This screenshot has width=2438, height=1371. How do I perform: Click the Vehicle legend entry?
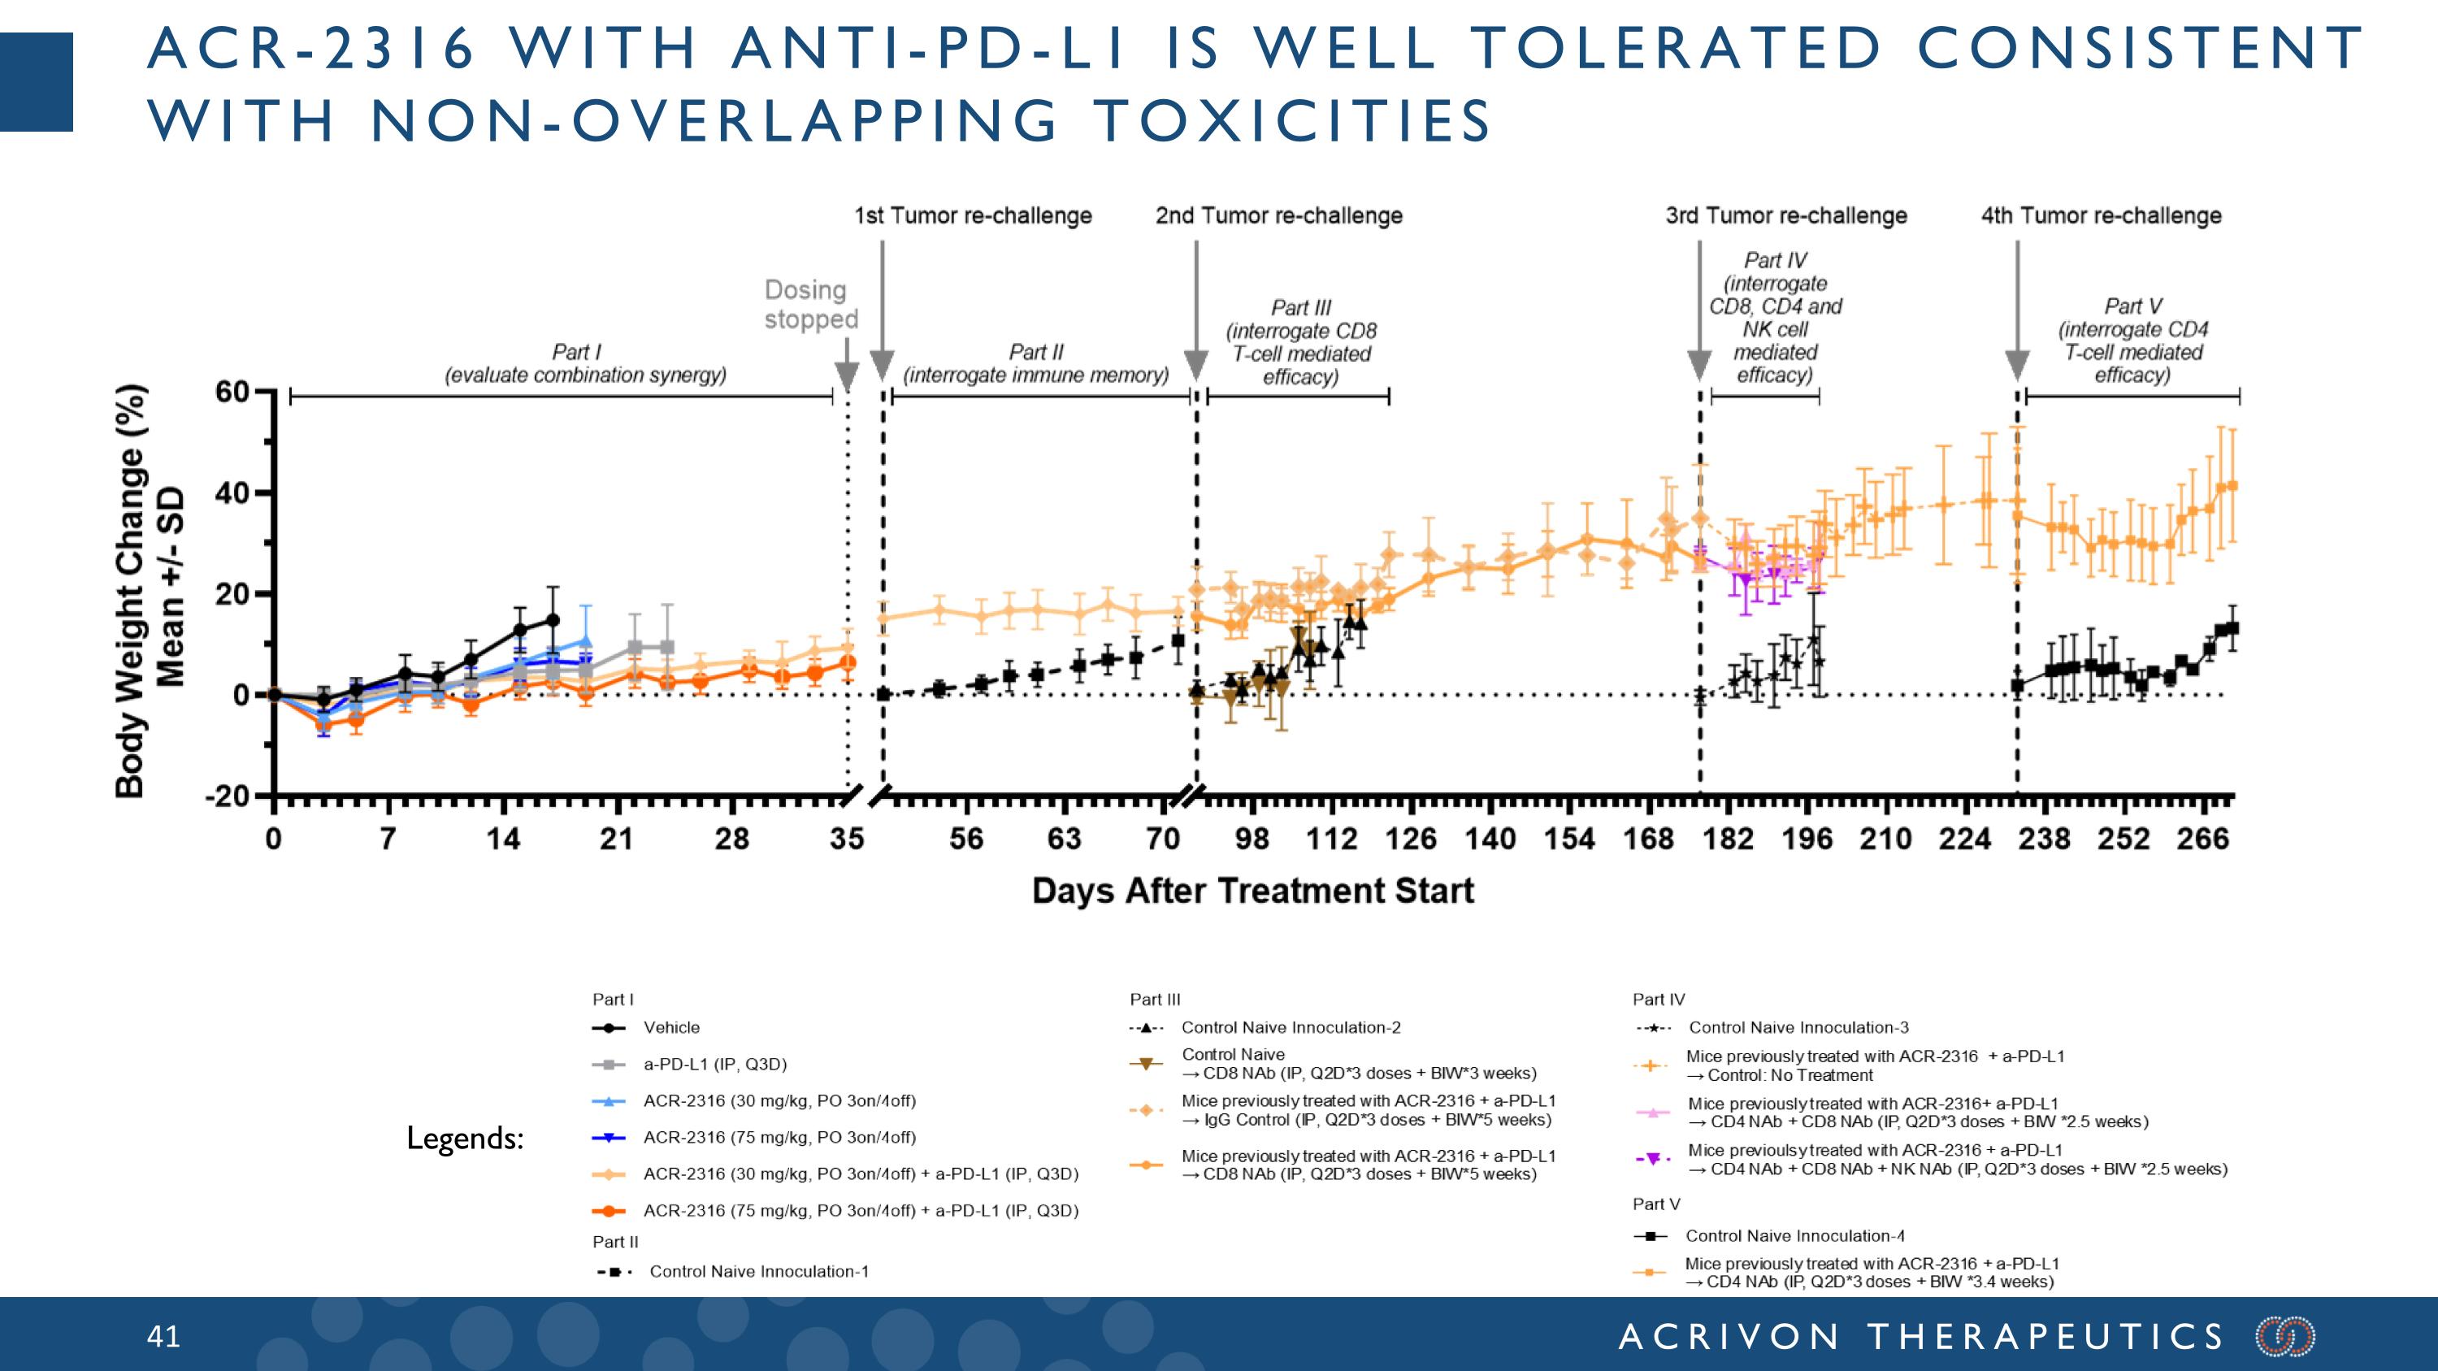[x=671, y=1027]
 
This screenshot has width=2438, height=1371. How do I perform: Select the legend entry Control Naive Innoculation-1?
[x=758, y=1272]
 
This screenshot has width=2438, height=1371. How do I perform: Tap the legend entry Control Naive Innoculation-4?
[x=1794, y=1236]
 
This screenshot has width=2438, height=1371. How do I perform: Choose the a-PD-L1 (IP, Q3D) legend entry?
[x=714, y=1065]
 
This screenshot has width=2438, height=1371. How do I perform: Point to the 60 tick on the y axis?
[x=232, y=391]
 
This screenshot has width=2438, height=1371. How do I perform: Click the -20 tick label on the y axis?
[x=228, y=796]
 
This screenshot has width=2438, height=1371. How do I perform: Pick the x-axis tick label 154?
[x=1569, y=840]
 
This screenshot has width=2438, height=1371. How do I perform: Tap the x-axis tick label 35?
[x=847, y=840]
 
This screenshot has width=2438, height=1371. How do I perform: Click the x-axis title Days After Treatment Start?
[x=1252, y=892]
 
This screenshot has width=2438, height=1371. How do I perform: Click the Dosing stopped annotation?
[x=810, y=305]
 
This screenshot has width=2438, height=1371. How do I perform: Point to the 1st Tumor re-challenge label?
[x=973, y=215]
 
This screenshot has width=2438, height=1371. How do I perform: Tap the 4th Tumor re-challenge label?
[x=2101, y=215]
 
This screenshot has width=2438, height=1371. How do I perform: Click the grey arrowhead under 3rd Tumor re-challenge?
[x=1700, y=364]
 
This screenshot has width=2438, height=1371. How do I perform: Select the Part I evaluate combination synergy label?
[x=585, y=363]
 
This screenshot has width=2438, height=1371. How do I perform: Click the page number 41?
[x=163, y=1336]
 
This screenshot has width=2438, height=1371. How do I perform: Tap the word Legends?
[x=465, y=1139]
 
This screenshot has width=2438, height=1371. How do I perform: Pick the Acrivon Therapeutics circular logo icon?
[x=2284, y=1336]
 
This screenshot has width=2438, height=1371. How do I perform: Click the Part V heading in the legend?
[x=1656, y=1204]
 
